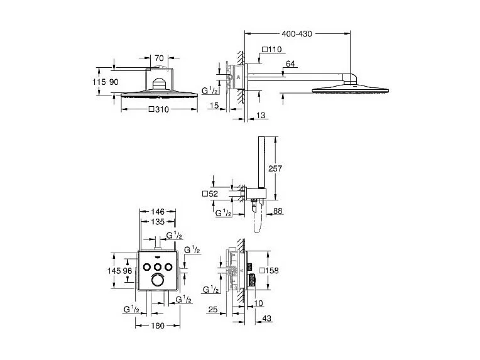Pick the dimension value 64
290,63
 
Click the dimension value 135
157,222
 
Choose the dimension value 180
157,326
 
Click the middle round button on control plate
157,267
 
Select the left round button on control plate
146,267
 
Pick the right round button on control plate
168,267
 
